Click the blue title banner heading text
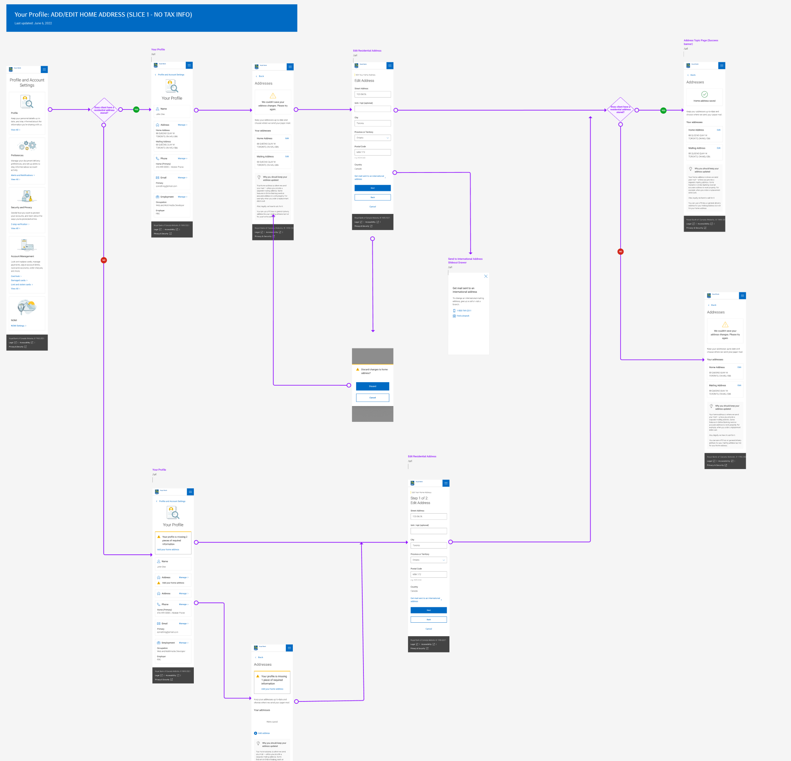click(103, 15)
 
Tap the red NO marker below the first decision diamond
click(104, 260)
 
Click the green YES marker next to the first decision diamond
click(136, 109)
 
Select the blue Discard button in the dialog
click(373, 386)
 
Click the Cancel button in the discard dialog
click(373, 398)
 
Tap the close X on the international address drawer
click(486, 276)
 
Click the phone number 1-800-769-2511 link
click(464, 311)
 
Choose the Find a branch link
click(463, 316)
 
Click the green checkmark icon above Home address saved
click(704, 94)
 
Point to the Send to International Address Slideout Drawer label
click(465, 260)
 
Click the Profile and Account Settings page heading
click(27, 83)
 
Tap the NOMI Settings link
click(18, 325)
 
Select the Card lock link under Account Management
click(15, 276)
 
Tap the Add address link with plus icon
click(264, 733)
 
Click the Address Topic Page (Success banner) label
click(700, 42)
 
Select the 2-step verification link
click(19, 224)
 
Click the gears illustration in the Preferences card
click(27, 146)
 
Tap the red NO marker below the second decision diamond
click(620, 252)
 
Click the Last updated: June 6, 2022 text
click(33, 23)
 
